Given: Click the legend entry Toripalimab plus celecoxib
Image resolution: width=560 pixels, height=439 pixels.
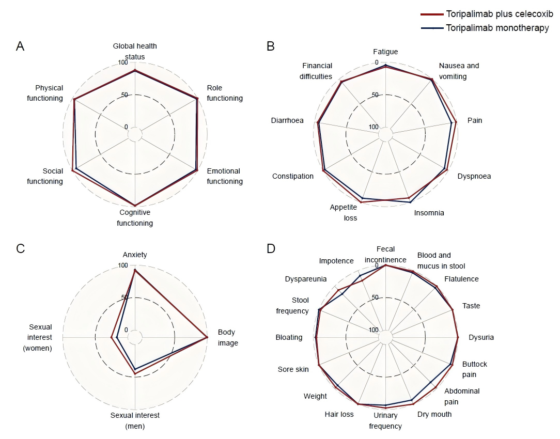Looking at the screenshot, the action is pos(487,14).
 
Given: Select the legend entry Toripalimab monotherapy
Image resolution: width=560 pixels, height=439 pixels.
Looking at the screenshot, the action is pos(485,28).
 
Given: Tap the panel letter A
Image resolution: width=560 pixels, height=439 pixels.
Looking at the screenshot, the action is pos(20,46).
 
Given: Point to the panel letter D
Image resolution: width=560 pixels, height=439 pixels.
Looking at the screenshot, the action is pos(271,248).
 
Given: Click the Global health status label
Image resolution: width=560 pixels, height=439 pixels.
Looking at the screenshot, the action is pos(135,52).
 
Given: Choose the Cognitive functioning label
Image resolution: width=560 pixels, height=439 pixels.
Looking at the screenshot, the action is pos(135,218).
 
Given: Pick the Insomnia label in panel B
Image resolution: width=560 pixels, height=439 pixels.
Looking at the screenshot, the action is pos(429,213).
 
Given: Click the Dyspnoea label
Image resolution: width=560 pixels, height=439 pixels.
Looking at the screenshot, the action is pos(474,176).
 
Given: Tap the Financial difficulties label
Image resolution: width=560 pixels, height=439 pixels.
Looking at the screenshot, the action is pos(316,71).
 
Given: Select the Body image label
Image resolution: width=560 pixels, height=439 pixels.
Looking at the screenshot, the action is pos(227,338).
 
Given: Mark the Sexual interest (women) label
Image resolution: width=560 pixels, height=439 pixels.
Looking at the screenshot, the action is pos(38,338).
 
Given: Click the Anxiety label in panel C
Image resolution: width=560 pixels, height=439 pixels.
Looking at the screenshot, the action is pos(135,255).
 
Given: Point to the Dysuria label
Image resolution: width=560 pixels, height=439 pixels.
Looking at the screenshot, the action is pos(481,338).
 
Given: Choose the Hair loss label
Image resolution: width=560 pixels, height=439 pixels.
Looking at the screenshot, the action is pos(339,414).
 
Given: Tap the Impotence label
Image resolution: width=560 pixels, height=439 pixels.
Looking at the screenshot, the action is pos(336,261).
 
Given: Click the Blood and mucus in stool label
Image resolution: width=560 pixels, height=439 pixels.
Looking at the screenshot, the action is pos(441,260).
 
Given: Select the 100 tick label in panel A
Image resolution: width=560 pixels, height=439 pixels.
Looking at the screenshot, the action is pos(123,63).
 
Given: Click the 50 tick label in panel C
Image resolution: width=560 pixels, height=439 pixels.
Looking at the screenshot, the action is pos(125,297).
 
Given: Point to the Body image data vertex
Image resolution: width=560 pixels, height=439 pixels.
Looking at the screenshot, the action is pos(207,337).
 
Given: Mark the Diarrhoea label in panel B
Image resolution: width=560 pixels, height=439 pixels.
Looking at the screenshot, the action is pos(287,121).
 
